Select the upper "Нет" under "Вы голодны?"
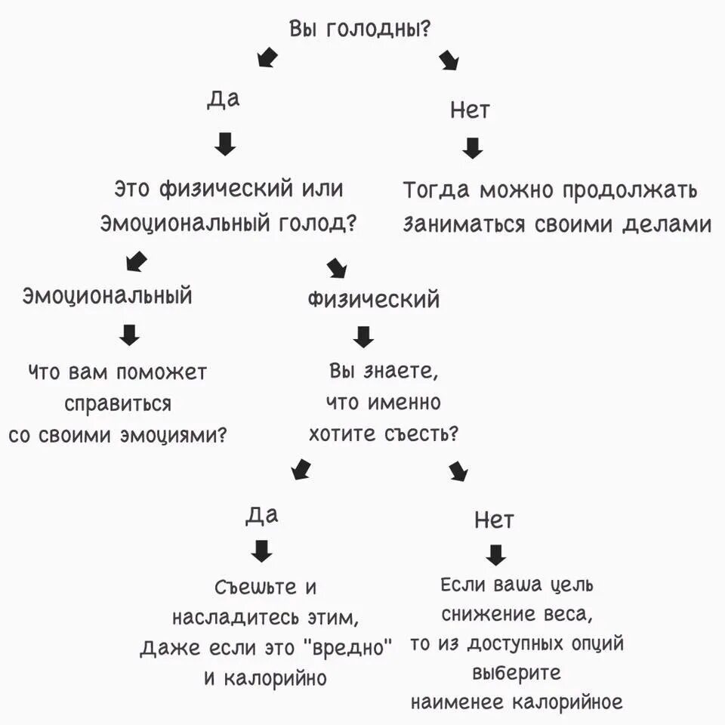click(470, 111)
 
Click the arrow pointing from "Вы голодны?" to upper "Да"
click(267, 57)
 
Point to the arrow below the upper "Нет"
click(473, 147)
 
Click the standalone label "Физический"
click(373, 299)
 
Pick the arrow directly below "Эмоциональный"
click(130, 335)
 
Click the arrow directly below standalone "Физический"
click(364, 337)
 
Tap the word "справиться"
click(118, 404)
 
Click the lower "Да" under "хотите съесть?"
click(262, 515)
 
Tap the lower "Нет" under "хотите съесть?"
click(494, 520)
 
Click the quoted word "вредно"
click(348, 648)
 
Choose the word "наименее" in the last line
click(459, 702)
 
